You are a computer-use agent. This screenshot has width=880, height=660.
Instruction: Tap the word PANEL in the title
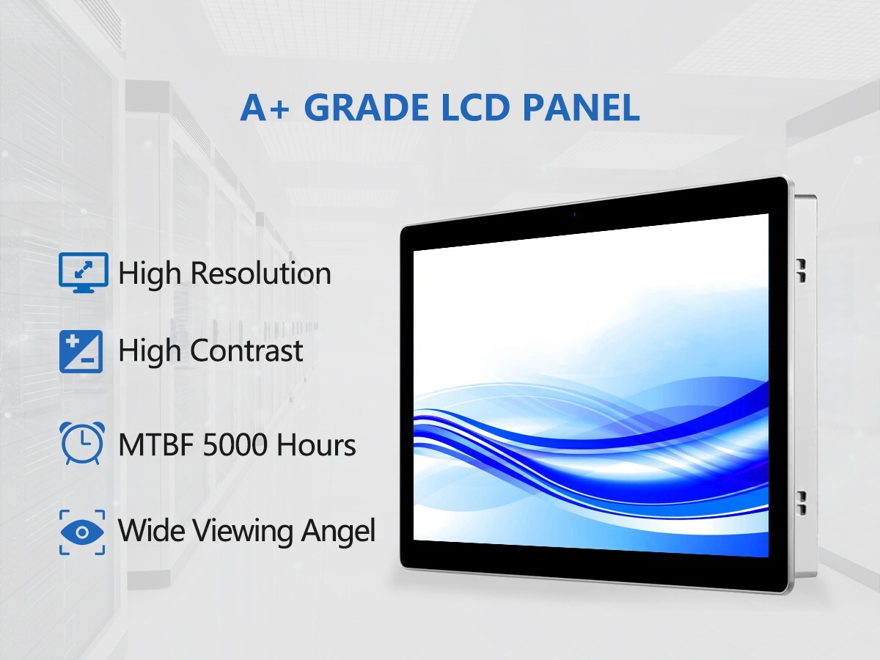[x=581, y=107]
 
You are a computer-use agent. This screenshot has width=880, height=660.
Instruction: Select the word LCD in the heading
[x=475, y=107]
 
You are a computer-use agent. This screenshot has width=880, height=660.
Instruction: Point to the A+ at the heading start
[x=265, y=108]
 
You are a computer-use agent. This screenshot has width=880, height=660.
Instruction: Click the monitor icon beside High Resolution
[x=84, y=273]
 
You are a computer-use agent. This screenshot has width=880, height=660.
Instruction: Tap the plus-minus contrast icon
[x=81, y=351]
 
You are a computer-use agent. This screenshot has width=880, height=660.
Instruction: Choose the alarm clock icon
[x=83, y=443]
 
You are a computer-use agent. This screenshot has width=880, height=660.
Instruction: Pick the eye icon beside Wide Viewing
[x=82, y=532]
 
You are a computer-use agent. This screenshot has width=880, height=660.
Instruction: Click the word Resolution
[x=260, y=274]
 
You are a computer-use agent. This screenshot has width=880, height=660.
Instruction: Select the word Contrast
[x=246, y=351]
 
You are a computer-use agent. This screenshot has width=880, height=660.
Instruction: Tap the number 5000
[x=235, y=445]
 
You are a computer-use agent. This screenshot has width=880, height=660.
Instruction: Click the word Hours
[x=316, y=445]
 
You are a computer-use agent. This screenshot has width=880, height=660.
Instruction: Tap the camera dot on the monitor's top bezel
[x=574, y=215]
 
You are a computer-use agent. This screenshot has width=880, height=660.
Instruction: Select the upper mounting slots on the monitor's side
[x=801, y=271]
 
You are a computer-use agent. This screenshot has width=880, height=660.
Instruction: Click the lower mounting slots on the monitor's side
[x=801, y=503]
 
